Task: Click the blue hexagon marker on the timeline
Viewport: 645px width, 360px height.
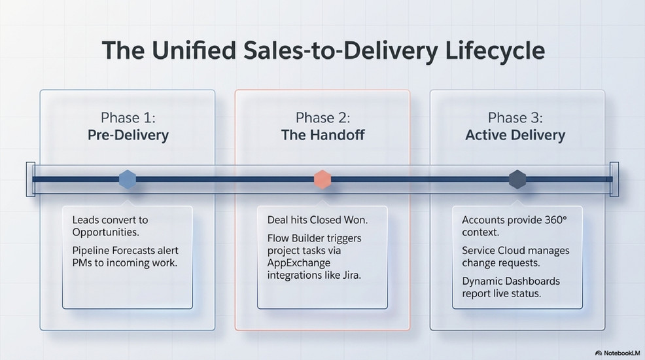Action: click(127, 179)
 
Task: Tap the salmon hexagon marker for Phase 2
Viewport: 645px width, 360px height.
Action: click(322, 179)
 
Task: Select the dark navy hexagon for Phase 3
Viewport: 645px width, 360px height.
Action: click(517, 179)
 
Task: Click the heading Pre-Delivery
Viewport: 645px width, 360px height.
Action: click(128, 135)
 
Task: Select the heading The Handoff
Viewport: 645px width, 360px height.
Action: click(322, 135)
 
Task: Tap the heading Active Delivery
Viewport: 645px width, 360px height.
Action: click(515, 135)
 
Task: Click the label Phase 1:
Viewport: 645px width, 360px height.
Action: click(128, 118)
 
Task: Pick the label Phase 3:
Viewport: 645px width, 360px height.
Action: click(515, 118)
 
